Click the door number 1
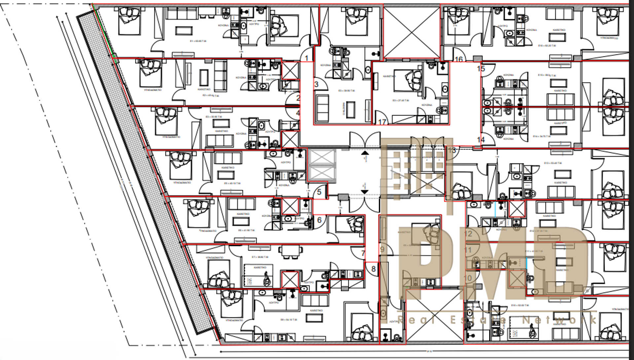point(306,58)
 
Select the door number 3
point(316,84)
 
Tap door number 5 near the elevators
point(319,192)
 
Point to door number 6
point(319,220)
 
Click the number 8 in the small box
point(373,269)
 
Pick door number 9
point(382,249)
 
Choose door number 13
point(452,150)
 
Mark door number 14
point(481,140)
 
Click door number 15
point(481,69)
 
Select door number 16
point(459,59)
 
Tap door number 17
point(382,122)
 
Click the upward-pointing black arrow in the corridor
point(365,153)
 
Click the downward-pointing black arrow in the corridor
point(365,192)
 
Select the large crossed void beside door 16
point(411,32)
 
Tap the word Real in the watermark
point(416,320)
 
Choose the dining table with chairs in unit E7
point(291,251)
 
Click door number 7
point(363,253)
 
